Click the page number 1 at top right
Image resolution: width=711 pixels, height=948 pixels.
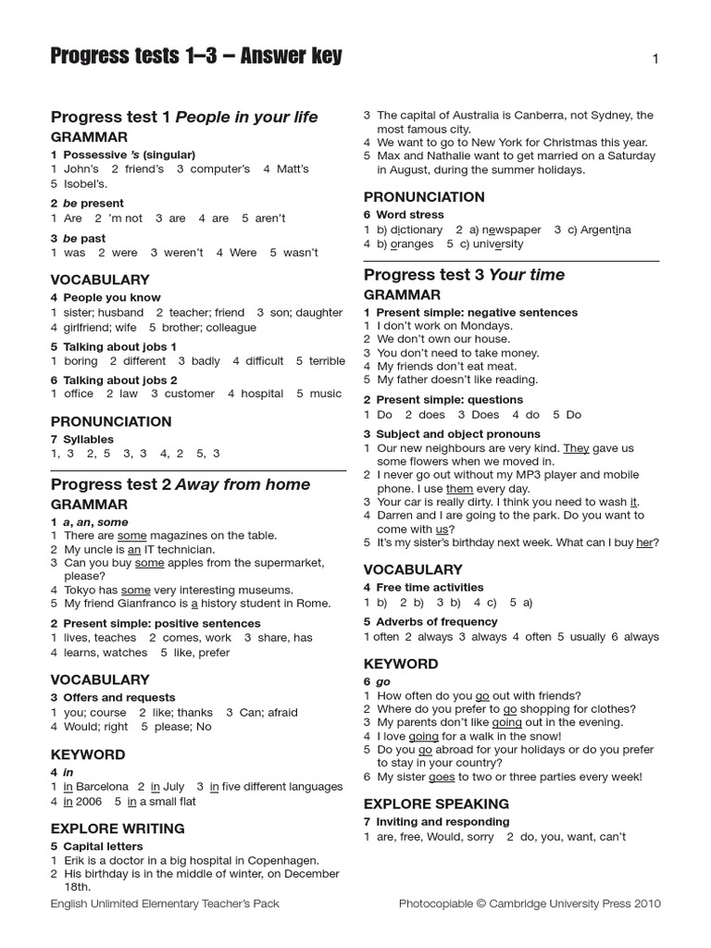655,59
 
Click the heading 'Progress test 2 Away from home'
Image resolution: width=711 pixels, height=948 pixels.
181,484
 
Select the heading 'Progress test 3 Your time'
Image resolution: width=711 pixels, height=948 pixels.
464,275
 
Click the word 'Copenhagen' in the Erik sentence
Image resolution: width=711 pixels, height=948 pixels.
283,860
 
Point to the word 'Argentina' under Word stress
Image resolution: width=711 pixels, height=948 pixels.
605,230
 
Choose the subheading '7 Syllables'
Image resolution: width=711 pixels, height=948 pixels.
82,439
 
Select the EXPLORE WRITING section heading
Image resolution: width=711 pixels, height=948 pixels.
118,828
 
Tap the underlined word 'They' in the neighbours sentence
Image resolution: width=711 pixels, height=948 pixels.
576,448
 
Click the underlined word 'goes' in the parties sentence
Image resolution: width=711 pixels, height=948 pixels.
442,777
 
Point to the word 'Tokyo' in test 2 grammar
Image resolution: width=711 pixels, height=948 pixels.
81,590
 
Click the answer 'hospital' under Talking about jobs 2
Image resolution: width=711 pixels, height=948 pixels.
262,393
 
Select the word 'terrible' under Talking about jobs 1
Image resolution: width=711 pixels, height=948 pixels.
327,361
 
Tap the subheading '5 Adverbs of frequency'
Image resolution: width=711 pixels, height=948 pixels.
424,621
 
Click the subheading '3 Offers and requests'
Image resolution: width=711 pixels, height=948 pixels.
113,697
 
